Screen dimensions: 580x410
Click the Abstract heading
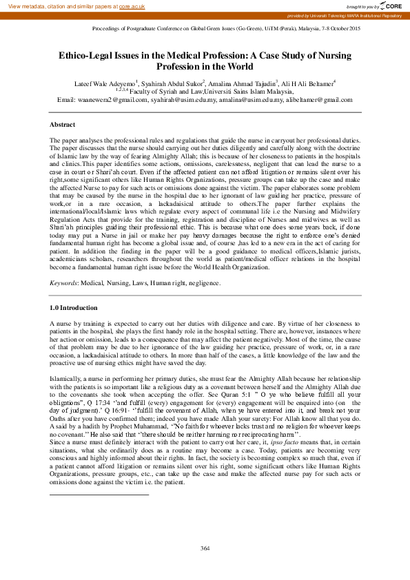(63, 125)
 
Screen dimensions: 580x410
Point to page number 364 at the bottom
(205, 548)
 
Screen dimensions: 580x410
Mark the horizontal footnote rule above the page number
(99, 475)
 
